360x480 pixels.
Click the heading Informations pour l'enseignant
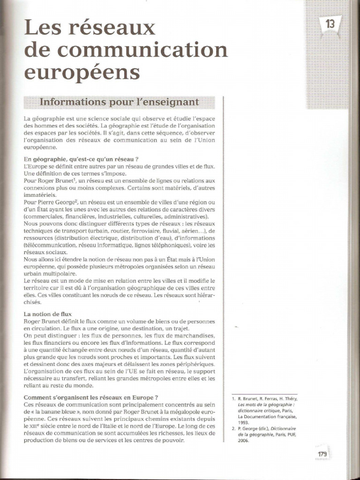[x=120, y=102]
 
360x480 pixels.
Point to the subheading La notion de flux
[x=47, y=313]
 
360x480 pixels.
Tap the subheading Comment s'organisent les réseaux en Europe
[x=90, y=397]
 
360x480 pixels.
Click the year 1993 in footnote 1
[x=244, y=421]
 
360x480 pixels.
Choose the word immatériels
[x=40, y=194]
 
